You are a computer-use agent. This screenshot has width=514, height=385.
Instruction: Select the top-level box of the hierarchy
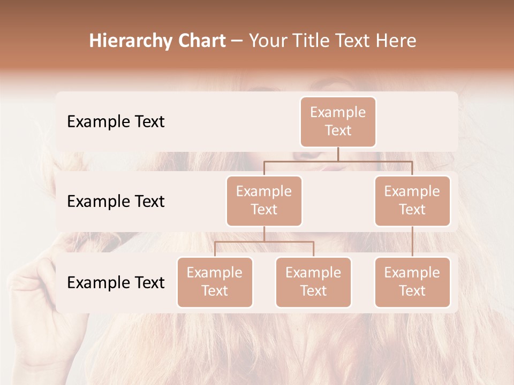338,121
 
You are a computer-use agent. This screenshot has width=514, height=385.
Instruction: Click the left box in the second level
264,201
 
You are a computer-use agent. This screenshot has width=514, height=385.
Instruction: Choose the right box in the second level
412,201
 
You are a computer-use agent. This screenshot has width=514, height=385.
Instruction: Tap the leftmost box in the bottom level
215,282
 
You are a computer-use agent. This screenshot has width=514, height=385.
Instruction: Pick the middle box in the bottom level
313,282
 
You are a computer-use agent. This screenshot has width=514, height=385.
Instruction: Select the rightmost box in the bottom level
412,282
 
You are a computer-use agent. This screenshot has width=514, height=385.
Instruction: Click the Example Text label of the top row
116,122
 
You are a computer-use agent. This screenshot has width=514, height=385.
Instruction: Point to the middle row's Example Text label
116,202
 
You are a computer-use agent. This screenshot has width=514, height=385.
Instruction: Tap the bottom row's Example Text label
116,283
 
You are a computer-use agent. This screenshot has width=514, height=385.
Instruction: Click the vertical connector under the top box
338,154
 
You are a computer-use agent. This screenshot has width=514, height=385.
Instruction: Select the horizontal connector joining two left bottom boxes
264,242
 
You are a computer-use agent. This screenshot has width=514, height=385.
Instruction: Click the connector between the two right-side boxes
412,242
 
